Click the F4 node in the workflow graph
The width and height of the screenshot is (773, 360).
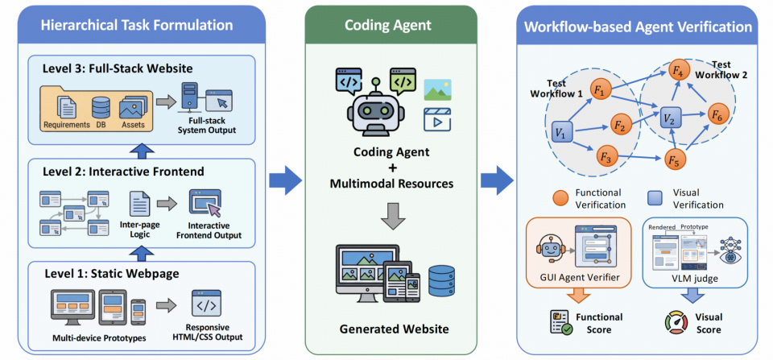click(x=679, y=72)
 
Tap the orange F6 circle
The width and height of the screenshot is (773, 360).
click(x=717, y=114)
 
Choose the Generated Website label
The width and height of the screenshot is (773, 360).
click(x=390, y=329)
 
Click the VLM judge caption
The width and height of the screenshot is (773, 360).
click(x=695, y=279)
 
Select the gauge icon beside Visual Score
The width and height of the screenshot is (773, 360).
click(x=677, y=321)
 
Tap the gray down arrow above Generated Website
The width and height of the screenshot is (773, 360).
click(x=390, y=216)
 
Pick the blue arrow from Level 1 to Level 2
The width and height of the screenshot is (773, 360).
click(x=142, y=254)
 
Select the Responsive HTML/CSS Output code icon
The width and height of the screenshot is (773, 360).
click(x=206, y=305)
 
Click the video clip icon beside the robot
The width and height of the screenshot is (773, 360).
click(x=437, y=119)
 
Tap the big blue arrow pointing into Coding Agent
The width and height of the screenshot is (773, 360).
click(x=285, y=180)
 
